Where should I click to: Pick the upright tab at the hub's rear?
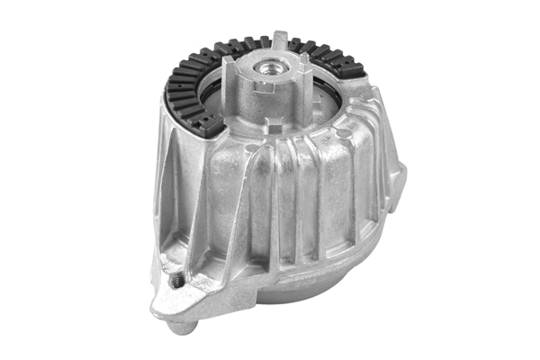tap(282, 40)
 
